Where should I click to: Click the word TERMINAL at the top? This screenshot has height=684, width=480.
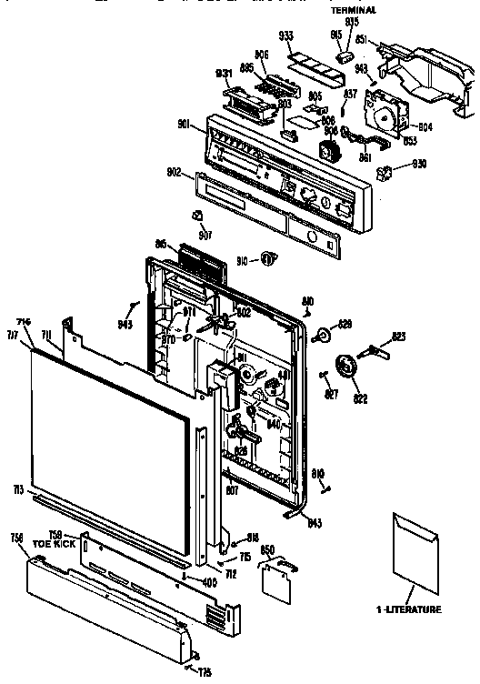tap(354, 10)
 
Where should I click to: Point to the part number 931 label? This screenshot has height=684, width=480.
tap(225, 74)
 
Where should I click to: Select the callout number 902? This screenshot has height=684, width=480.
tap(175, 170)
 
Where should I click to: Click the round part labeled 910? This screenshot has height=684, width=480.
tap(267, 259)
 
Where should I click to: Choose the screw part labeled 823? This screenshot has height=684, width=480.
tap(377, 348)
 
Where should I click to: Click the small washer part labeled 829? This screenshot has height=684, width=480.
tap(322, 337)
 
